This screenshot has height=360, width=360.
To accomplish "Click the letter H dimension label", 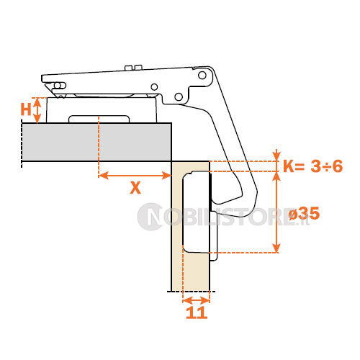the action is point(26,109).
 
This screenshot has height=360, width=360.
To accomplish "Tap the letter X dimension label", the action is point(135,188).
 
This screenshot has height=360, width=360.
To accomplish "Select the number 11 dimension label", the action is point(197,312).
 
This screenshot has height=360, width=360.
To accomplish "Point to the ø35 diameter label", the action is point(304,213).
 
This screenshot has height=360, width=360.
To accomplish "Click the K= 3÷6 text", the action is point(313,166).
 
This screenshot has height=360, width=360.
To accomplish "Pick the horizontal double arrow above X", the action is point(135,176).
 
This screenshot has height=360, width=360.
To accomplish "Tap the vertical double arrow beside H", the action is point(37,111).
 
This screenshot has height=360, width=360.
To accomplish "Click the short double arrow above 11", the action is point(197,300).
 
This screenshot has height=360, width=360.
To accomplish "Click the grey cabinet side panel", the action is point(96,142).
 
